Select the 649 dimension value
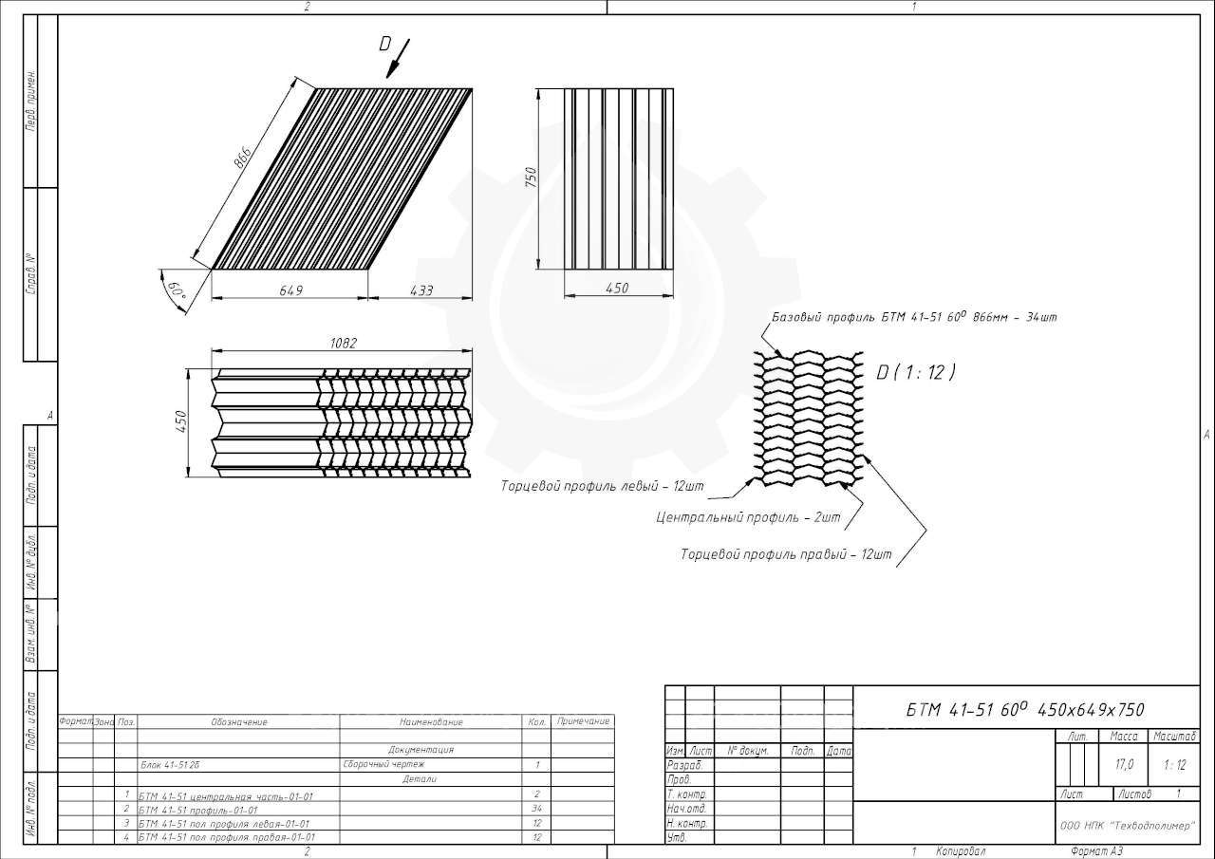[291, 290]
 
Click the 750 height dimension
[531, 177]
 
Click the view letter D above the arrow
[385, 43]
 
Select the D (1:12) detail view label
[916, 372]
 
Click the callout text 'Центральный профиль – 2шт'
[748, 518]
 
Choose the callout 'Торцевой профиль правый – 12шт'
[786, 554]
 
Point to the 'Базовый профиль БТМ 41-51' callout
[914, 317]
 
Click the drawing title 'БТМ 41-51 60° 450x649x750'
[1025, 710]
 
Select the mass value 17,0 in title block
[1125, 764]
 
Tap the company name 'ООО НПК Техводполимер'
[1127, 826]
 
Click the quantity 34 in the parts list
[536, 809]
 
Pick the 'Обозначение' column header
[239, 722]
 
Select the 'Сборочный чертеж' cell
[384, 764]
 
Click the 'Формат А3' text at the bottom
[1096, 851]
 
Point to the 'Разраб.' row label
[684, 765]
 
